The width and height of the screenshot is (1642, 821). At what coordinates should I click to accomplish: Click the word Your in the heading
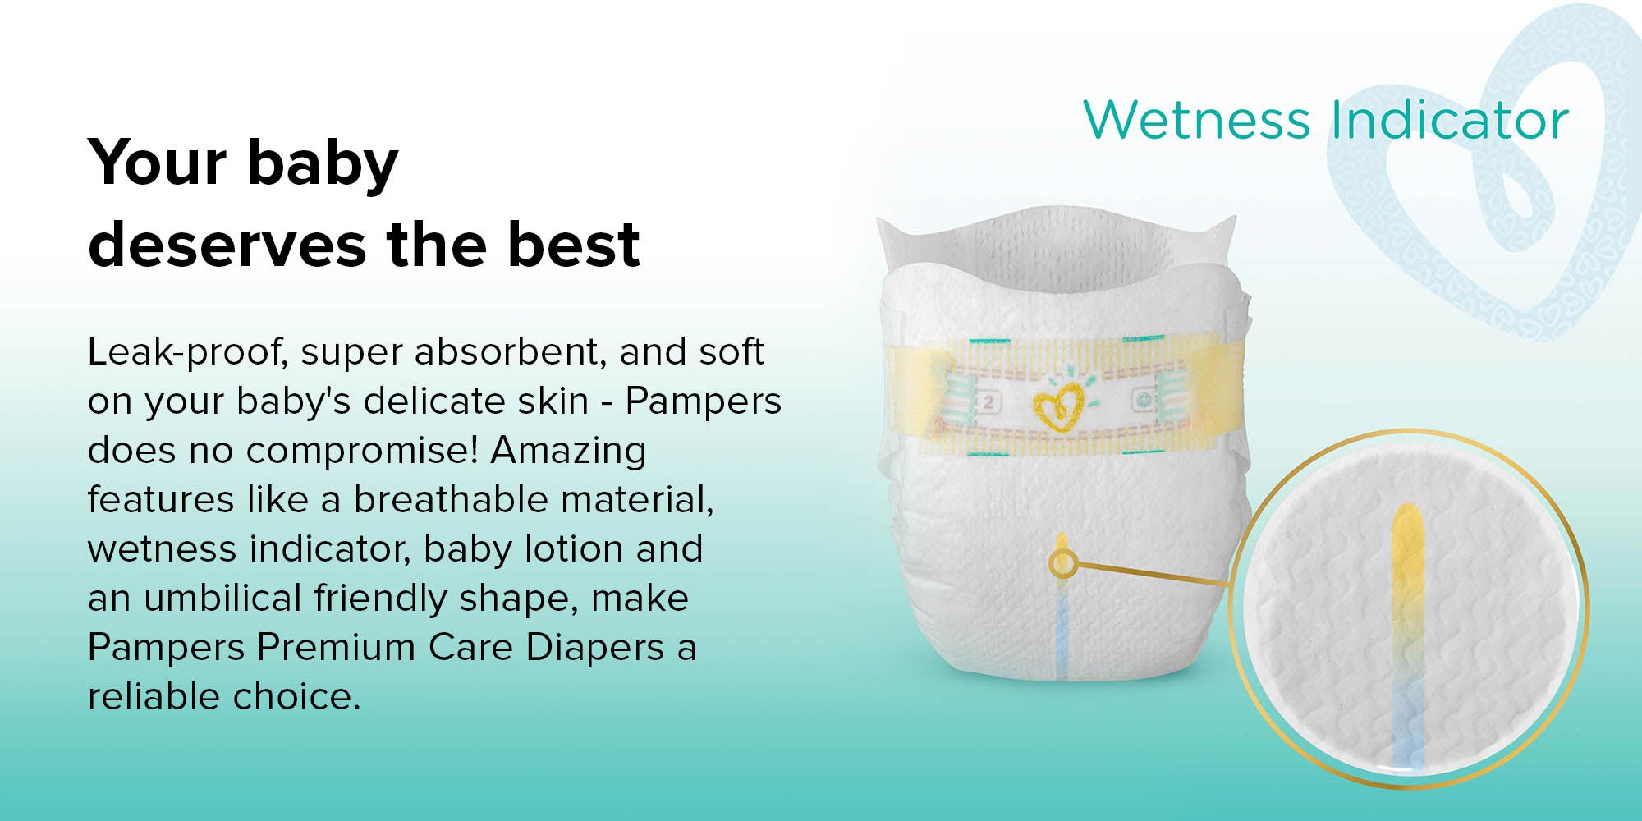pos(157,162)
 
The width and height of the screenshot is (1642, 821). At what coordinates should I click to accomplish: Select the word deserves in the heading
pos(227,244)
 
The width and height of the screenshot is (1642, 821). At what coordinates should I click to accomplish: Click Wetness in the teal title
pos(1196,120)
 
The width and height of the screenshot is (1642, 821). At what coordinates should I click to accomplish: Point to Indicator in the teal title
pos(1449,120)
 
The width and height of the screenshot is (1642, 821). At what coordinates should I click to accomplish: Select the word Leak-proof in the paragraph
pos(186,352)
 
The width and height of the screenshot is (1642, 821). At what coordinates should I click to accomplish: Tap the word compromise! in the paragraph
pos(361,451)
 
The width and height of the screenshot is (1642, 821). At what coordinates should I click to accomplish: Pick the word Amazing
pos(568,452)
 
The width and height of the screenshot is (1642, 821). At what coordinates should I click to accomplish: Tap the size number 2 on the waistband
pos(989,402)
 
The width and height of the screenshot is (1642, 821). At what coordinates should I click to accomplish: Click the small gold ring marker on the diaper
pos(1062,563)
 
